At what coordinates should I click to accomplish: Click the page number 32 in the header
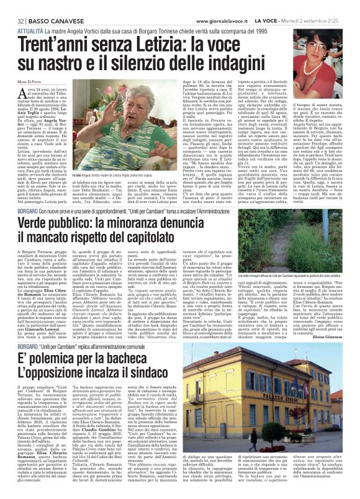[11, 6]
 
